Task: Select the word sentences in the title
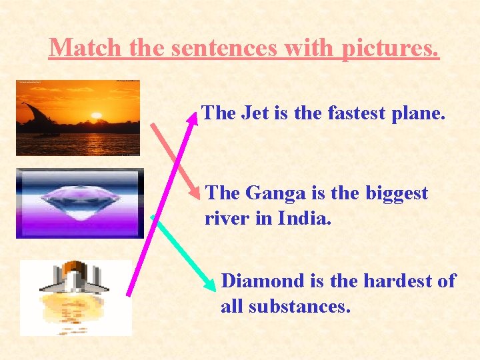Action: click(x=251, y=47)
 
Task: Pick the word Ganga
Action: click(x=274, y=193)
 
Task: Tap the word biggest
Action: click(x=397, y=194)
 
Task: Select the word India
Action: click(x=306, y=218)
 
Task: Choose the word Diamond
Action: click(x=263, y=281)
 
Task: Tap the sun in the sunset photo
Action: click(x=96, y=116)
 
